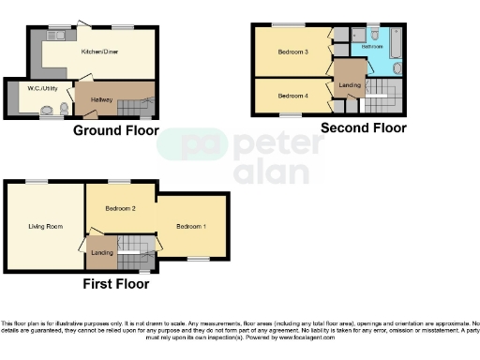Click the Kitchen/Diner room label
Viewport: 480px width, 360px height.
click(x=97, y=52)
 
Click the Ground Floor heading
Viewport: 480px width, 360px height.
click(x=115, y=131)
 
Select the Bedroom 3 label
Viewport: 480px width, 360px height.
click(x=293, y=52)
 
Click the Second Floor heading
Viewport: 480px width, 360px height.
click(x=364, y=127)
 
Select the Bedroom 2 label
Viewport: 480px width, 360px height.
click(x=121, y=208)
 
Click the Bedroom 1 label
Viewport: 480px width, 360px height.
click(x=192, y=226)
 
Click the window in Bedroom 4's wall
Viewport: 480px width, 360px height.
click(x=286, y=116)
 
